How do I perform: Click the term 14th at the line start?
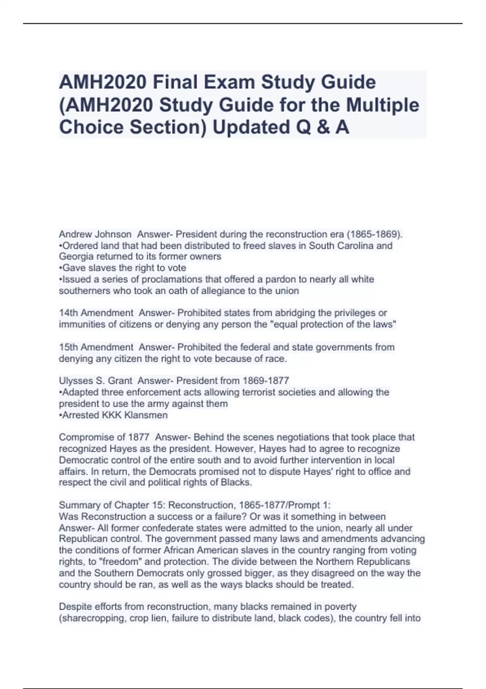click(x=68, y=313)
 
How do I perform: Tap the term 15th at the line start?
click(x=68, y=347)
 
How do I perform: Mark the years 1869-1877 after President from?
click(x=266, y=381)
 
